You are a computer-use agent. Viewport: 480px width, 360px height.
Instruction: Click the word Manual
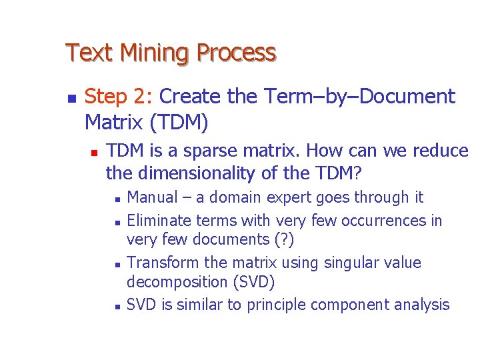(152, 197)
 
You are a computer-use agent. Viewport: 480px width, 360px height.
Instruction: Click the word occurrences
(382, 221)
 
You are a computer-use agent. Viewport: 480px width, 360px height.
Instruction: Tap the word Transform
(162, 263)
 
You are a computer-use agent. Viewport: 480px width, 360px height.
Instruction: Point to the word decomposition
(177, 282)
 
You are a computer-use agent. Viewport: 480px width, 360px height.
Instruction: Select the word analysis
(421, 305)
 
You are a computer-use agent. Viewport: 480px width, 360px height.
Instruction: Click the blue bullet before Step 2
(71, 97)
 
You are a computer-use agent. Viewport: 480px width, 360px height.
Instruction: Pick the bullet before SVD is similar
(117, 306)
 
